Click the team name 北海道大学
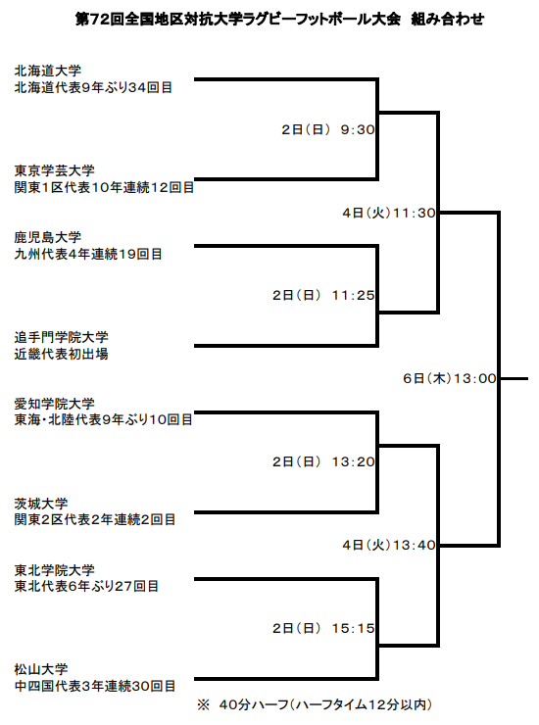pos(48,71)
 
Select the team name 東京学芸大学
pos(55,170)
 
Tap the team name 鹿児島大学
pos(48,237)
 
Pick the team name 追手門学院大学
pos(62,337)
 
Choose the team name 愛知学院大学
pos(55,404)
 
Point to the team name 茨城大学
pos(41,503)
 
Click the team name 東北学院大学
pos(55,570)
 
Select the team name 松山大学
pos(41,669)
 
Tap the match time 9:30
pos(358,129)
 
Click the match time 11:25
pos(353,295)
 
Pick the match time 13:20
pos(353,461)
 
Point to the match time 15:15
pos(353,628)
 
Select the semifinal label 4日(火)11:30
pos(389,213)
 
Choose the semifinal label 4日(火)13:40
pos(389,545)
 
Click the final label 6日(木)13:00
pos(450,379)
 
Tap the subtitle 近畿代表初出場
pos(62,354)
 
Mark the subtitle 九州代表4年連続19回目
pos(88,254)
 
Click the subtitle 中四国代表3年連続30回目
pos(95,686)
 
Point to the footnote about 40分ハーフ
pos(315,704)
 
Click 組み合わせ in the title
pos(448,20)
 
